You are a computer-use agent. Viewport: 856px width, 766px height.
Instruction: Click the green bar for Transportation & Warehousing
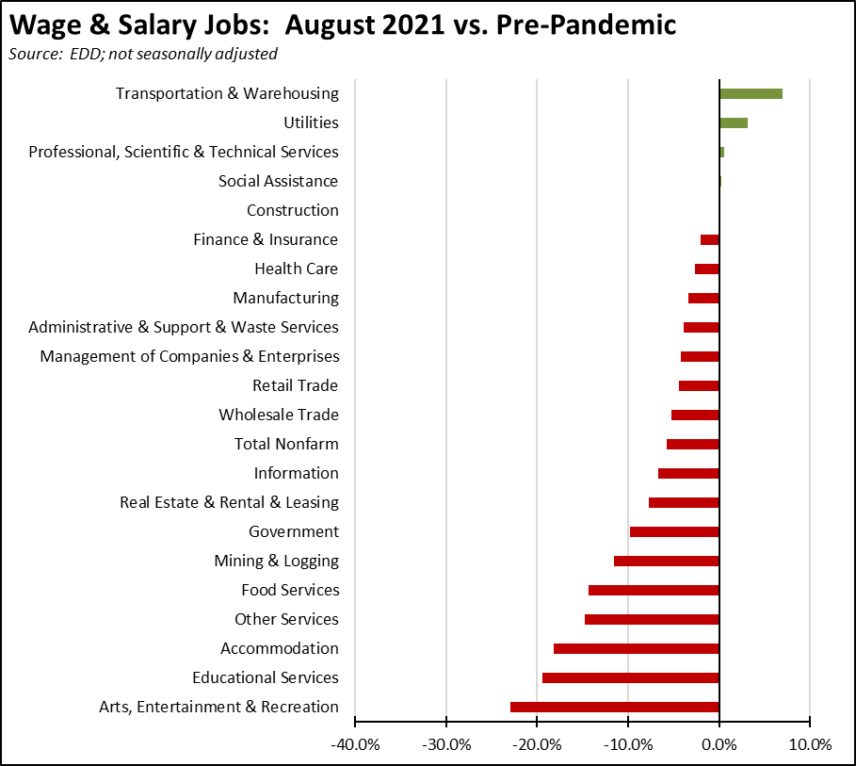751,93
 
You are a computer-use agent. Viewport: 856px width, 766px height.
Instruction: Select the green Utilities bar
734,122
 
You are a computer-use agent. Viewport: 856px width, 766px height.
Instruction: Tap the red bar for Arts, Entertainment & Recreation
615,707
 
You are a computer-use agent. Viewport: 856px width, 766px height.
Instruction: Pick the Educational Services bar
631,677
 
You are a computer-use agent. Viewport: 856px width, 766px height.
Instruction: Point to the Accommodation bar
637,648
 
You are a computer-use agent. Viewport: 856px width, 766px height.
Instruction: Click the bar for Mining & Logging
667,561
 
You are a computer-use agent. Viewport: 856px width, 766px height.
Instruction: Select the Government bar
674,531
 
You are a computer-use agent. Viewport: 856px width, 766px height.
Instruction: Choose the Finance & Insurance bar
710,239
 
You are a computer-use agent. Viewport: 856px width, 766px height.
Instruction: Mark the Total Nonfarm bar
693,444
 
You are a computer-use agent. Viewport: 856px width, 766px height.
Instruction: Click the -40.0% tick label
354,744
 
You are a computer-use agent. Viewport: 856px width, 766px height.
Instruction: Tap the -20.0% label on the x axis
536,744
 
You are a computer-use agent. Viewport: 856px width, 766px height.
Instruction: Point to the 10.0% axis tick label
810,744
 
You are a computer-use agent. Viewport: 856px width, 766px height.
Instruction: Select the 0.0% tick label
720,744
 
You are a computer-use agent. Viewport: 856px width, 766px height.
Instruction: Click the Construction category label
292,210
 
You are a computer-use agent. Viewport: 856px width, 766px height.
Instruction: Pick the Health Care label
296,269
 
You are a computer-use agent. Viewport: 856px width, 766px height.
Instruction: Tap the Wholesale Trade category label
279,415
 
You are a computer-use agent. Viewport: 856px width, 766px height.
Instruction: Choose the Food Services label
290,590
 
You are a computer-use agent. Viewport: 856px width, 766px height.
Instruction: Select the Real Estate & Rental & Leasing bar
684,502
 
